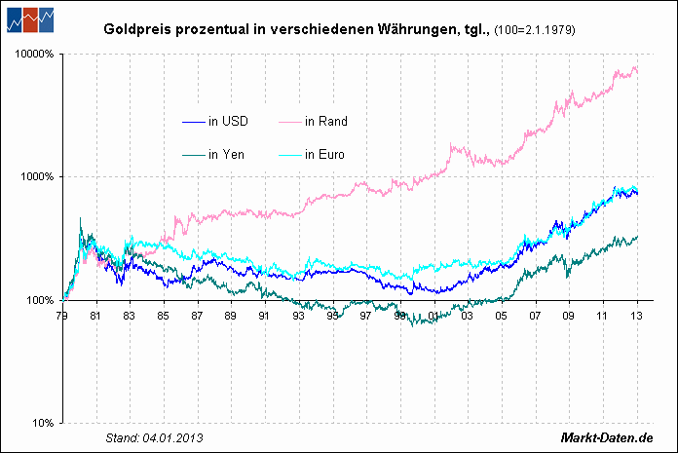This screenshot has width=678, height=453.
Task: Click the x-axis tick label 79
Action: click(x=62, y=316)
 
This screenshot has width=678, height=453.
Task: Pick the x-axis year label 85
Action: click(x=164, y=316)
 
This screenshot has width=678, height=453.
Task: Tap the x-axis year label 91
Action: click(x=264, y=316)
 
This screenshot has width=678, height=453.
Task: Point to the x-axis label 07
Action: click(x=535, y=316)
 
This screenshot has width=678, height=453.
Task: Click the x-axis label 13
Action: click(x=636, y=316)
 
